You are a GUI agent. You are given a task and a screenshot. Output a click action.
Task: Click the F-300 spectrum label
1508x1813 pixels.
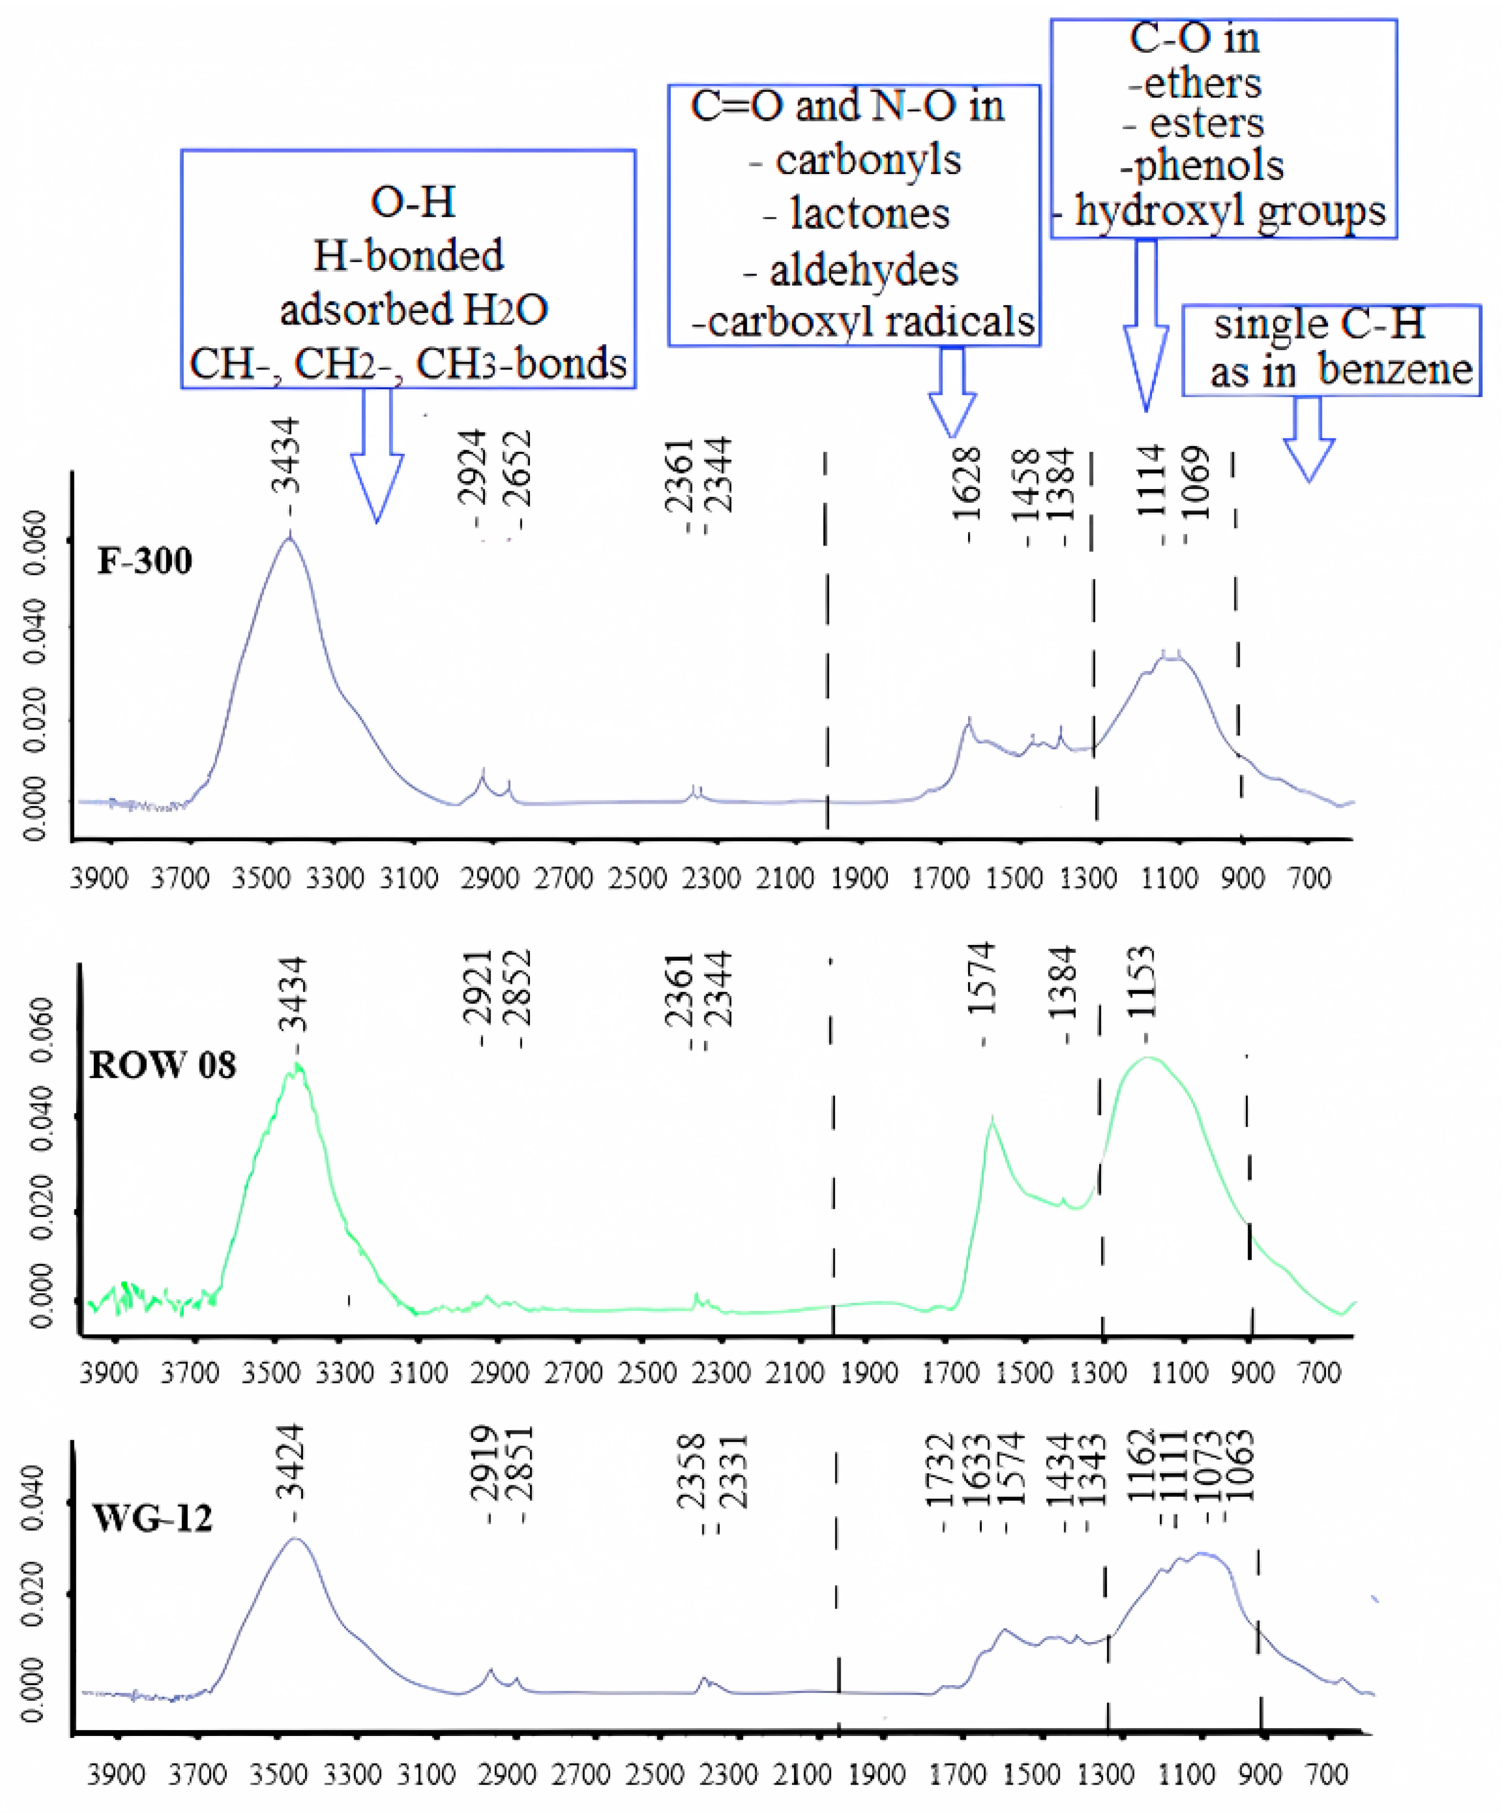pyautogui.click(x=144, y=561)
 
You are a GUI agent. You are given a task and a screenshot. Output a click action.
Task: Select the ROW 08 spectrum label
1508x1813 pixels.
pyautogui.click(x=162, y=1066)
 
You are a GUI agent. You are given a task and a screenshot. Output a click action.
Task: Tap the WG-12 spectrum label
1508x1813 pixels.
pyautogui.click(x=152, y=1518)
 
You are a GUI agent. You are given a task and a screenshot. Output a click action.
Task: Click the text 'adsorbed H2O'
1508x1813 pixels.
pyautogui.click(x=414, y=309)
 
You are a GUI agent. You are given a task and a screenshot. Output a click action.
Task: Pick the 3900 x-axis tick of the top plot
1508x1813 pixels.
pyautogui.click(x=99, y=879)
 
